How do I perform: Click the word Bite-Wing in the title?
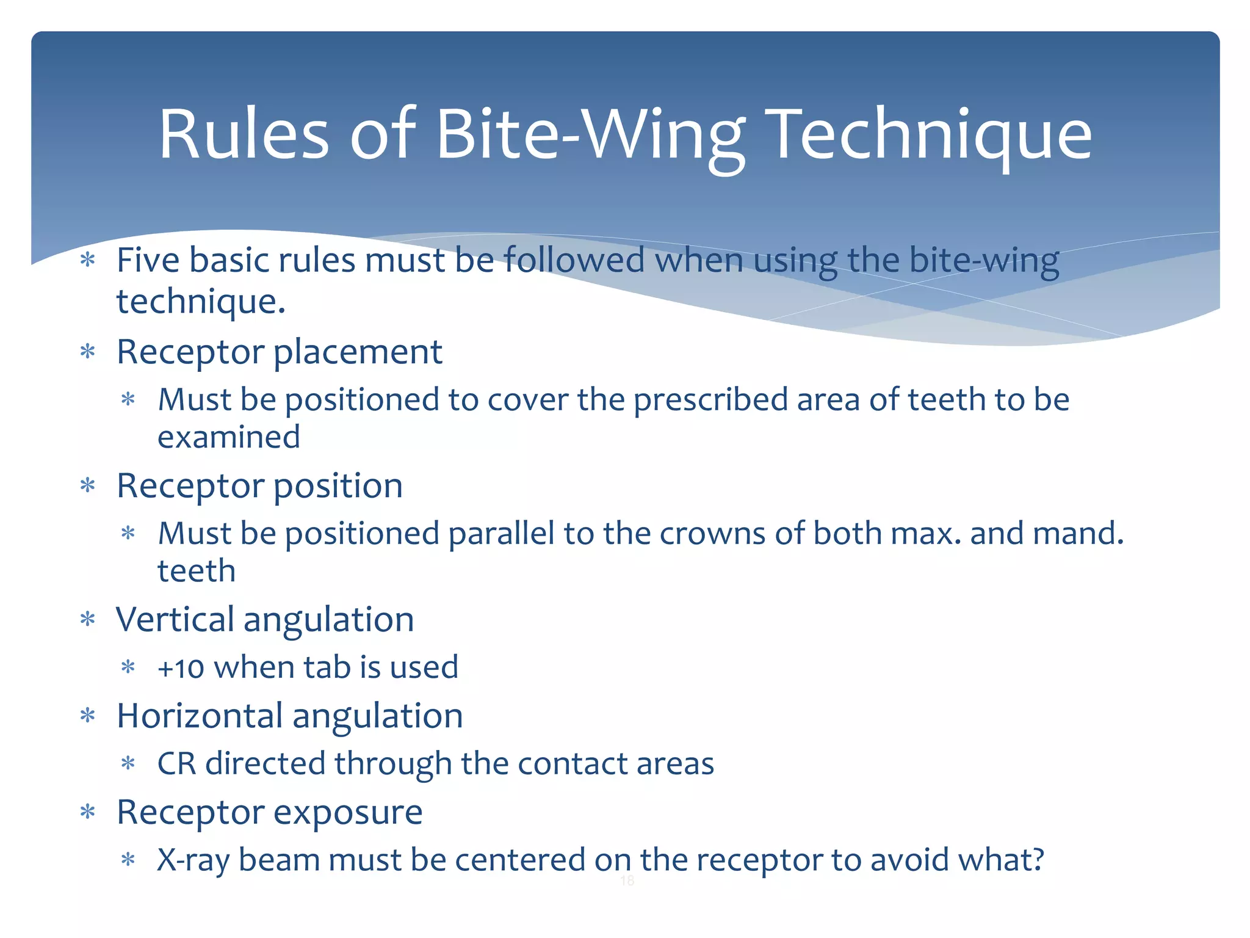tap(590, 136)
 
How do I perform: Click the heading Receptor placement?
tap(279, 352)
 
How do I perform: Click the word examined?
tap(229, 437)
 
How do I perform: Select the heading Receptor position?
tap(259, 486)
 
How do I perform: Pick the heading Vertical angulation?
tap(265, 620)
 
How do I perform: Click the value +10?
tap(181, 668)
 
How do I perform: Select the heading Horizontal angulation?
tap(289, 716)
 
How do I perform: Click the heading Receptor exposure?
tap(269, 813)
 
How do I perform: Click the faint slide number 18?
tap(627, 881)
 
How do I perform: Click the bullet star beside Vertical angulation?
tap(89, 620)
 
